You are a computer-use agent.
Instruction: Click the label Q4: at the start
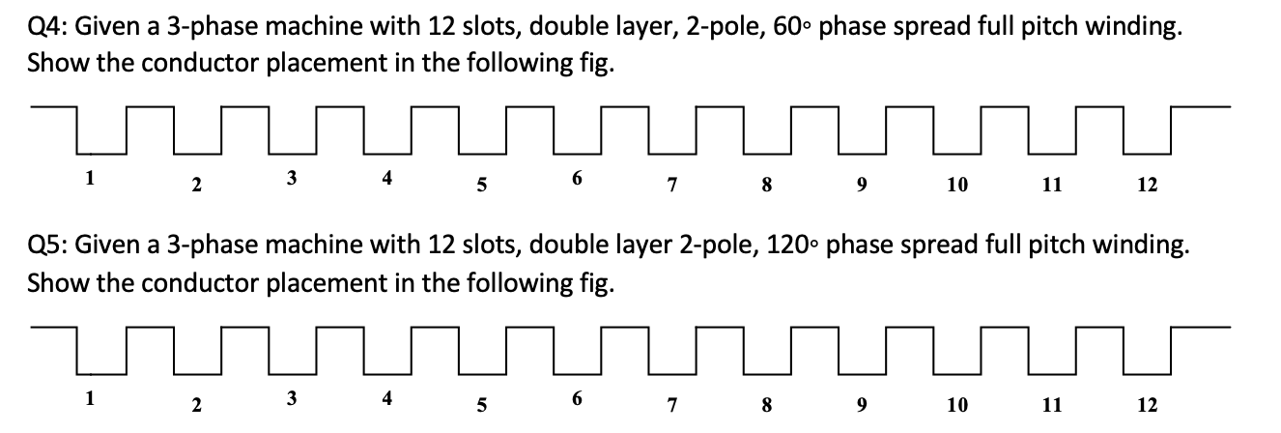[x=49, y=28]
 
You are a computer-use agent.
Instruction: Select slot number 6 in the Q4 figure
[x=577, y=179]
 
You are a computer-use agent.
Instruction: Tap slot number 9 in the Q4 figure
[x=861, y=184]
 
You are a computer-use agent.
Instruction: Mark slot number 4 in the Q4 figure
[x=387, y=179]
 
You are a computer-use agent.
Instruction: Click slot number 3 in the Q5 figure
[x=292, y=395]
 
